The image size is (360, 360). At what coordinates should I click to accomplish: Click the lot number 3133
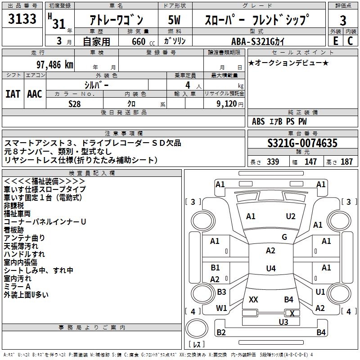click(x=22, y=20)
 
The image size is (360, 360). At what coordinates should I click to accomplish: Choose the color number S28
click(x=74, y=103)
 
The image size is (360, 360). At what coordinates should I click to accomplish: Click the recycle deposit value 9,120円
click(x=229, y=103)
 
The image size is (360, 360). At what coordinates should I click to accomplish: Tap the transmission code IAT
click(x=13, y=94)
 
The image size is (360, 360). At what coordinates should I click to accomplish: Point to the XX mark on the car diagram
click(x=253, y=299)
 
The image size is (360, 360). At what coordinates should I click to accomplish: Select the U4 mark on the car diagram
click(x=270, y=269)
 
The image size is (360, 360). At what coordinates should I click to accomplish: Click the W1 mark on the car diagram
click(x=221, y=308)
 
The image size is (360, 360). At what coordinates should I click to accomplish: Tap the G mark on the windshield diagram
click(x=284, y=237)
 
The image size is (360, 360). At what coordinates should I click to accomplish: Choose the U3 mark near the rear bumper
click(x=283, y=322)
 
